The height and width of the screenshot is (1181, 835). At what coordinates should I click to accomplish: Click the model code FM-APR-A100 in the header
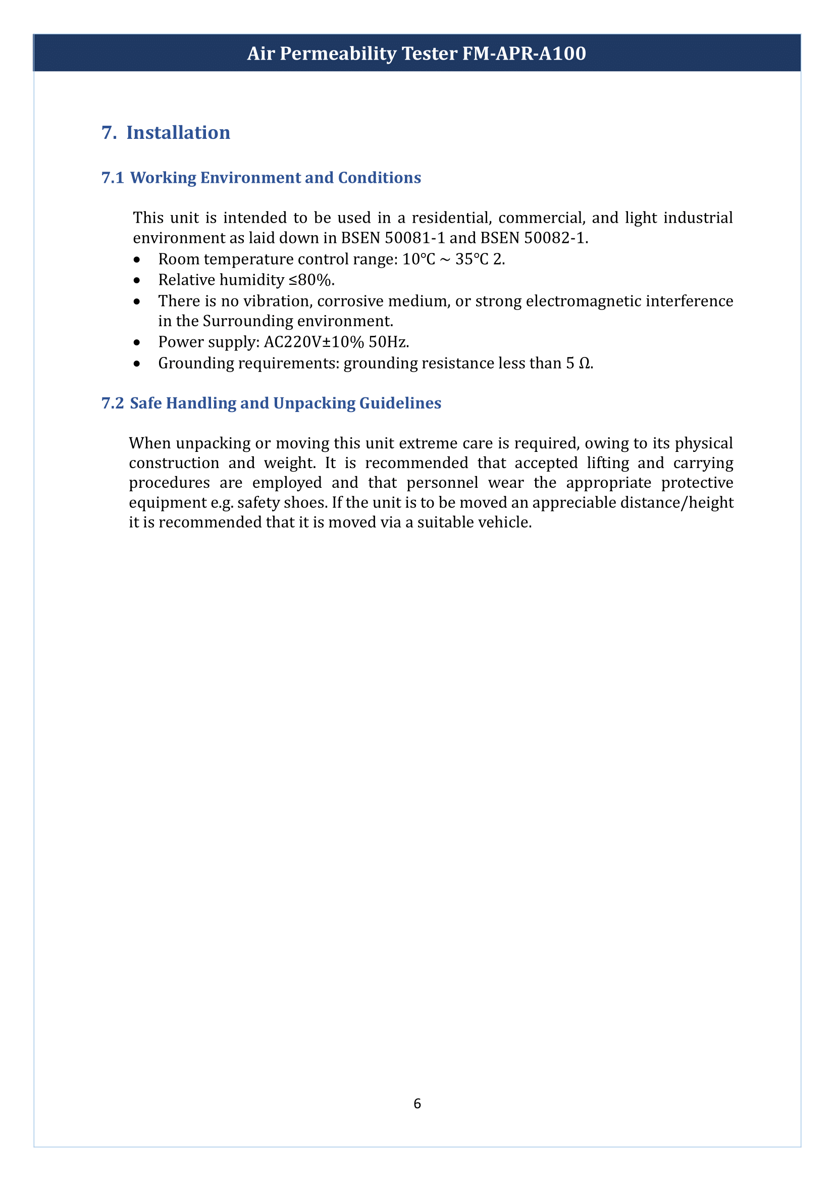point(524,54)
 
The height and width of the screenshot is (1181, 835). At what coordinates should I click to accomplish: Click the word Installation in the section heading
point(178,133)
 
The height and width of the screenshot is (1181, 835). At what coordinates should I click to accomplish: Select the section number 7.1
point(113,177)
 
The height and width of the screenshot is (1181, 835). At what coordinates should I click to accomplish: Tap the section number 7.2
point(113,403)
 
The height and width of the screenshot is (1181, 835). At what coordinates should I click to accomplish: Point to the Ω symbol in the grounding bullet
point(585,363)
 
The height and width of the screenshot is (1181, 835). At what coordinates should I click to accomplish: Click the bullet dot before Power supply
point(136,342)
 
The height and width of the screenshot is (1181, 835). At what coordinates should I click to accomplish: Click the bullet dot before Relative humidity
point(136,280)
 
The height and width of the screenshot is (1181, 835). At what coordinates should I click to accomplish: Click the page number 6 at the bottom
point(417,1104)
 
